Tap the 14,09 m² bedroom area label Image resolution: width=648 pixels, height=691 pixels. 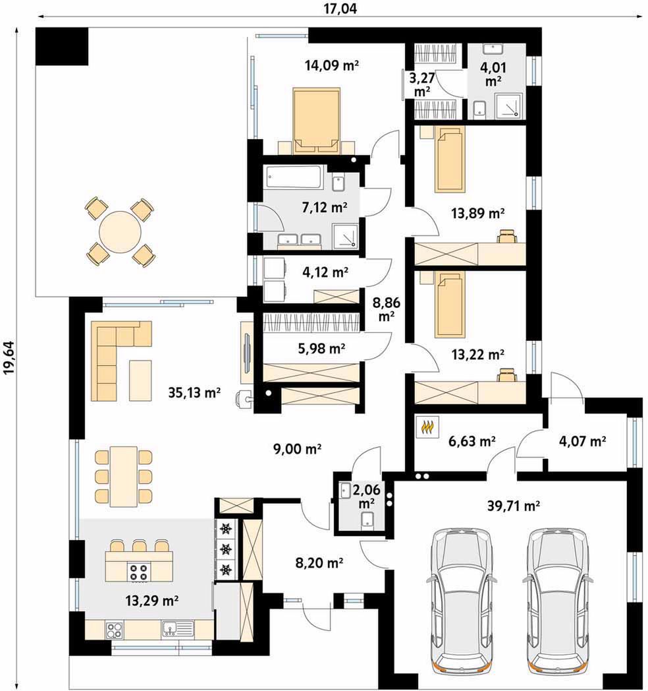[x=331, y=66]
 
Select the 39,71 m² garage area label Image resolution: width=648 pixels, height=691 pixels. [x=514, y=506]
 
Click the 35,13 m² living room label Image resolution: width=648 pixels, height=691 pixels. [x=194, y=392]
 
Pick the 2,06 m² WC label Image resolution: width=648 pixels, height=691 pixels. [x=366, y=495]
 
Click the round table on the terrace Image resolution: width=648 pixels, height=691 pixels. [x=120, y=231]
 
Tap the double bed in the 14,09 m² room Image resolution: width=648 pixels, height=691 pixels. [x=317, y=121]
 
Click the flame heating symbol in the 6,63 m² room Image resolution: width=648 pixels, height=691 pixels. [x=427, y=427]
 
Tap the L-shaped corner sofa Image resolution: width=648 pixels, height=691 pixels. [x=115, y=353]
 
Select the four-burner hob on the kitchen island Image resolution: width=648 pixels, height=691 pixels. [x=139, y=572]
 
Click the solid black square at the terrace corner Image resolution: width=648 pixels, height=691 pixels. [x=62, y=46]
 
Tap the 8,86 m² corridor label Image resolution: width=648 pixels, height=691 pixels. [x=386, y=309]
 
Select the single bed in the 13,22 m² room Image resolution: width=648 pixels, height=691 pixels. [x=450, y=304]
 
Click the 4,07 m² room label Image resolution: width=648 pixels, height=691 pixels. [x=582, y=440]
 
